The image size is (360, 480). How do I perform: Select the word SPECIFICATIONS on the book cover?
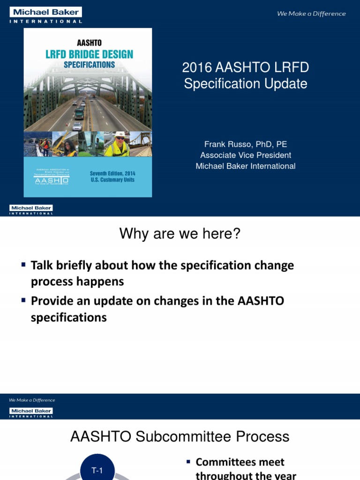pos(89,65)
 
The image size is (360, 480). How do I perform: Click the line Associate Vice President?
pos(246,155)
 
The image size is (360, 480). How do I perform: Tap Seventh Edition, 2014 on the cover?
pos(112,173)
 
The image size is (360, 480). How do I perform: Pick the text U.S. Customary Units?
pos(112,180)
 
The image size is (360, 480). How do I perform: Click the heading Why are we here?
pos(180,233)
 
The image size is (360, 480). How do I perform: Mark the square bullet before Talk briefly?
pos(23,265)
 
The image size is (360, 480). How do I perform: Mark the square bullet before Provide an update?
pos(23,300)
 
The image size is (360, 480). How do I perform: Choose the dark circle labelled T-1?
pos(97,470)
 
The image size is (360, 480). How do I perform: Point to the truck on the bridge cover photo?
pos(80,113)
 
